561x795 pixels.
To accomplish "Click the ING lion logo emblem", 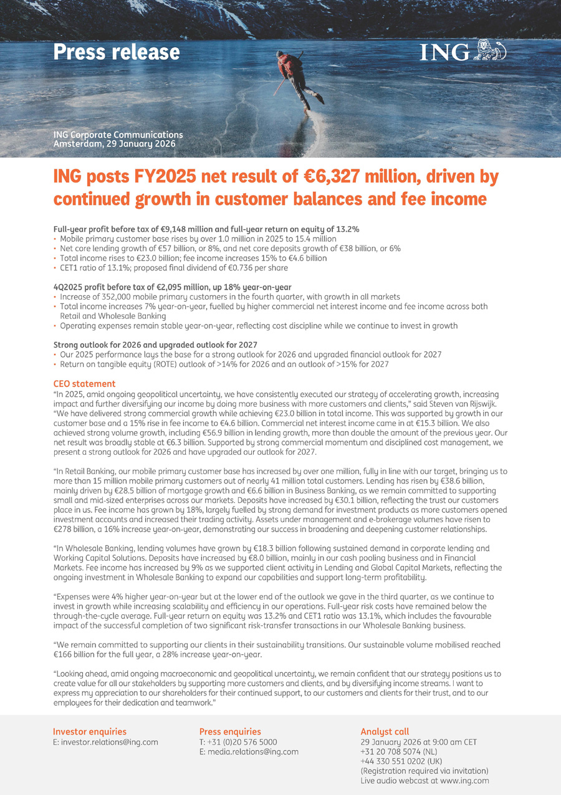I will (x=490, y=50).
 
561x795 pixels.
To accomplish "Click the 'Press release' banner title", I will (x=117, y=52).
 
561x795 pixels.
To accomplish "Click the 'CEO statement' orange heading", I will (x=84, y=384).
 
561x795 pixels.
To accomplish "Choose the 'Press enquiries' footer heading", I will (x=230, y=731).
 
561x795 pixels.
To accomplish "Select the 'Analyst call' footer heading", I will (x=385, y=731).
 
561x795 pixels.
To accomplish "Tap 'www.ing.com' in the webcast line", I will (x=464, y=781).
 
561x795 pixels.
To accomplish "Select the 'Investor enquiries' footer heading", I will (x=90, y=731).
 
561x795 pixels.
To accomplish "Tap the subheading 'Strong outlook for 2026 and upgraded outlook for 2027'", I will (x=155, y=345).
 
